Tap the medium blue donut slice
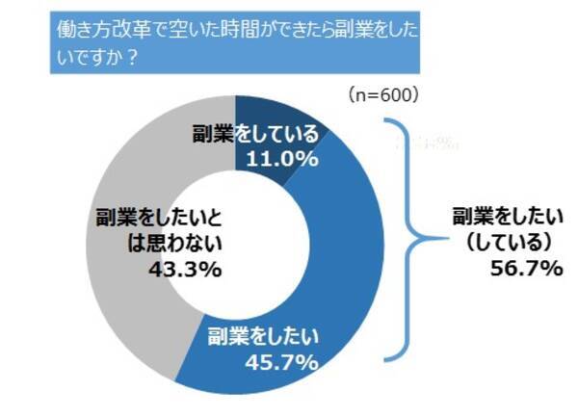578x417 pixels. [347, 289]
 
